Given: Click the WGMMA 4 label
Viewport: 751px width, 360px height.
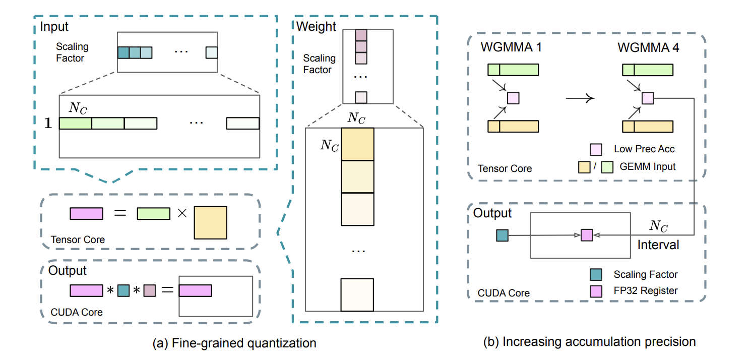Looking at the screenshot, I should pos(648,49).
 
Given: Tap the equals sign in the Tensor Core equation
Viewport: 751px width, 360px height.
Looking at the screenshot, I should pos(119,214).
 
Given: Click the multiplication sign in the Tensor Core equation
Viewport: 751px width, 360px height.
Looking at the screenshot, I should pos(181,214).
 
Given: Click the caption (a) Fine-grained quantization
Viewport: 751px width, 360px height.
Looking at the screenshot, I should pos(234,344).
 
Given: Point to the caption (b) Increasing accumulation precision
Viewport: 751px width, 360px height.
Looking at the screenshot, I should pos(589,342).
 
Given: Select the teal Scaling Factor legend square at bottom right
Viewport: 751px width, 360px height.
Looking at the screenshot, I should pos(595,274).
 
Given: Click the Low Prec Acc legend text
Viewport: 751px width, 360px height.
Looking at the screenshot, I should pos(644,149).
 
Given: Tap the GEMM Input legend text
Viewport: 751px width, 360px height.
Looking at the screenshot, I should pos(648,166).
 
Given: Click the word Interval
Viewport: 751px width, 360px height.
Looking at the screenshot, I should pos(658,245).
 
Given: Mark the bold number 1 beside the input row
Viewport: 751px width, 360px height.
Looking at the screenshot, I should pos(48,124).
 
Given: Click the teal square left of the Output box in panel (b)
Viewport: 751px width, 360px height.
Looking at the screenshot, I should pos(502,235).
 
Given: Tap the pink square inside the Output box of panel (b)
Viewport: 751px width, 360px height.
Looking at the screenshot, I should pos(587,235).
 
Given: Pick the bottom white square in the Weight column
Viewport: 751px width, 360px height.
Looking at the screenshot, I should pos(357,294).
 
